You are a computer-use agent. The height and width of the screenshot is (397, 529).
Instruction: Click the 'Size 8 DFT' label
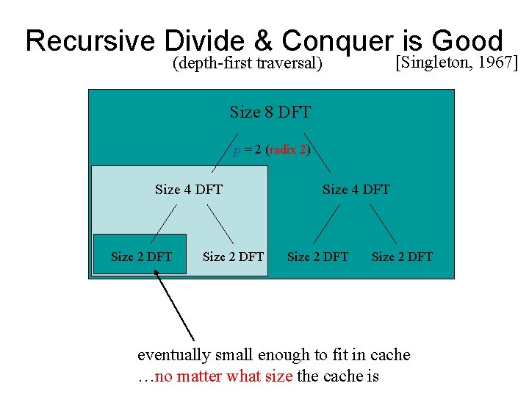pyautogui.click(x=270, y=112)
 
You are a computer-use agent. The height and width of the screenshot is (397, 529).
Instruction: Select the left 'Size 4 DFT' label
pyautogui.click(x=189, y=190)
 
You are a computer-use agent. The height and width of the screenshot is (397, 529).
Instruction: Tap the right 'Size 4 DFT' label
pyautogui.click(x=356, y=190)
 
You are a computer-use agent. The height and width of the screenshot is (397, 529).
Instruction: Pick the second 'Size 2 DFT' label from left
pyautogui.click(x=233, y=257)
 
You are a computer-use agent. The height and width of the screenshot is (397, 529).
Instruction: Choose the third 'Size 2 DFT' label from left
pyautogui.click(x=317, y=257)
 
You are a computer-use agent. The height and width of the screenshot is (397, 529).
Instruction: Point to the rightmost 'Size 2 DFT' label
pyautogui.click(x=402, y=257)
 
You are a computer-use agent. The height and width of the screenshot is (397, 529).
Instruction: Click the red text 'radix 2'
pyautogui.click(x=287, y=149)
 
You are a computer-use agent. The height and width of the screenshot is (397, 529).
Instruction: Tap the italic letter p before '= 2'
pyautogui.click(x=237, y=150)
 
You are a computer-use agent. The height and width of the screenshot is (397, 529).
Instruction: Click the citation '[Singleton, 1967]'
pyautogui.click(x=456, y=62)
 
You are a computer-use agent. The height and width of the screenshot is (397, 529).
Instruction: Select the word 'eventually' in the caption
pyautogui.click(x=173, y=355)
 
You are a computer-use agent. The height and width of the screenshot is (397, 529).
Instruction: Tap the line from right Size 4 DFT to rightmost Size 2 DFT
pyautogui.click(x=384, y=223)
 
